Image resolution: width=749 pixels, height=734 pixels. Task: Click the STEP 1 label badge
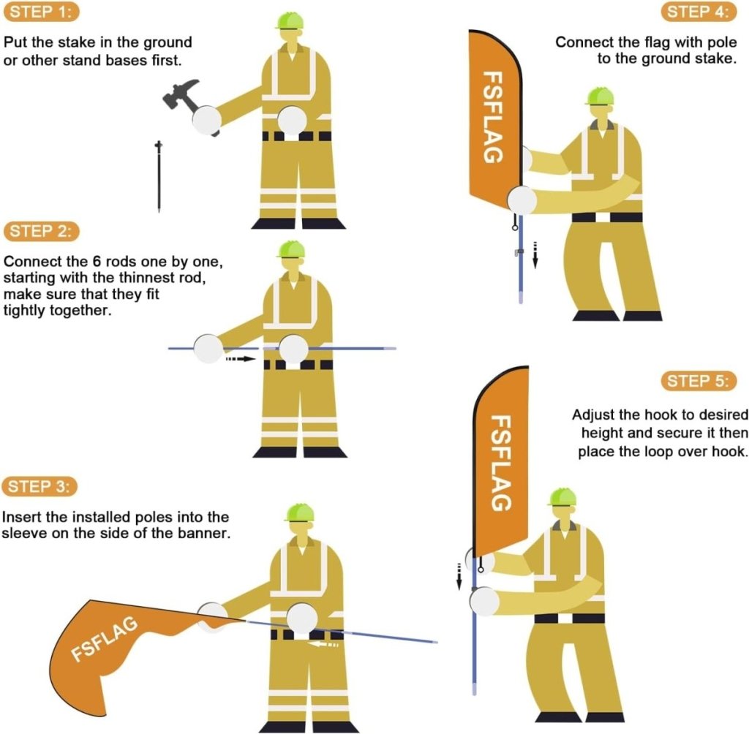click(x=41, y=12)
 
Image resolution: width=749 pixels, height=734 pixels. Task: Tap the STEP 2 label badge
click(x=41, y=231)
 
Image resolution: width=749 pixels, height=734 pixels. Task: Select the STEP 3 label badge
click(x=39, y=487)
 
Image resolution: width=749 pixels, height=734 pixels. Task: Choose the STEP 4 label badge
click(x=699, y=12)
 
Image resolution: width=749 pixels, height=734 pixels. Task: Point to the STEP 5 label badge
click(x=699, y=381)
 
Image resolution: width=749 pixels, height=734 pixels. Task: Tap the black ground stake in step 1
click(x=159, y=176)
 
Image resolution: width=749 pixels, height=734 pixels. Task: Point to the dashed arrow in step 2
click(x=241, y=358)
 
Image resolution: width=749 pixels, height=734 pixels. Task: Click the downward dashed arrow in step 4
click(x=535, y=255)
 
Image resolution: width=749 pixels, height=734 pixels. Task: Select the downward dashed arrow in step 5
click(x=459, y=576)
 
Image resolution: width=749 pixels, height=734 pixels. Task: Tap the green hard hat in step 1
click(x=290, y=21)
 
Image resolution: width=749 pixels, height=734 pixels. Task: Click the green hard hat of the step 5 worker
click(x=562, y=497)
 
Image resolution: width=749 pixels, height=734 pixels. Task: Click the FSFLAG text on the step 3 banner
click(x=105, y=639)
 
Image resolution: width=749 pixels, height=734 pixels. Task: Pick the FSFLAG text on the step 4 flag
click(x=493, y=117)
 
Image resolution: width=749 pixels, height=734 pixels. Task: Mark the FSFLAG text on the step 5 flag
click(x=502, y=463)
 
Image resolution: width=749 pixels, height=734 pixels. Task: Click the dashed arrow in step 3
click(x=323, y=645)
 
